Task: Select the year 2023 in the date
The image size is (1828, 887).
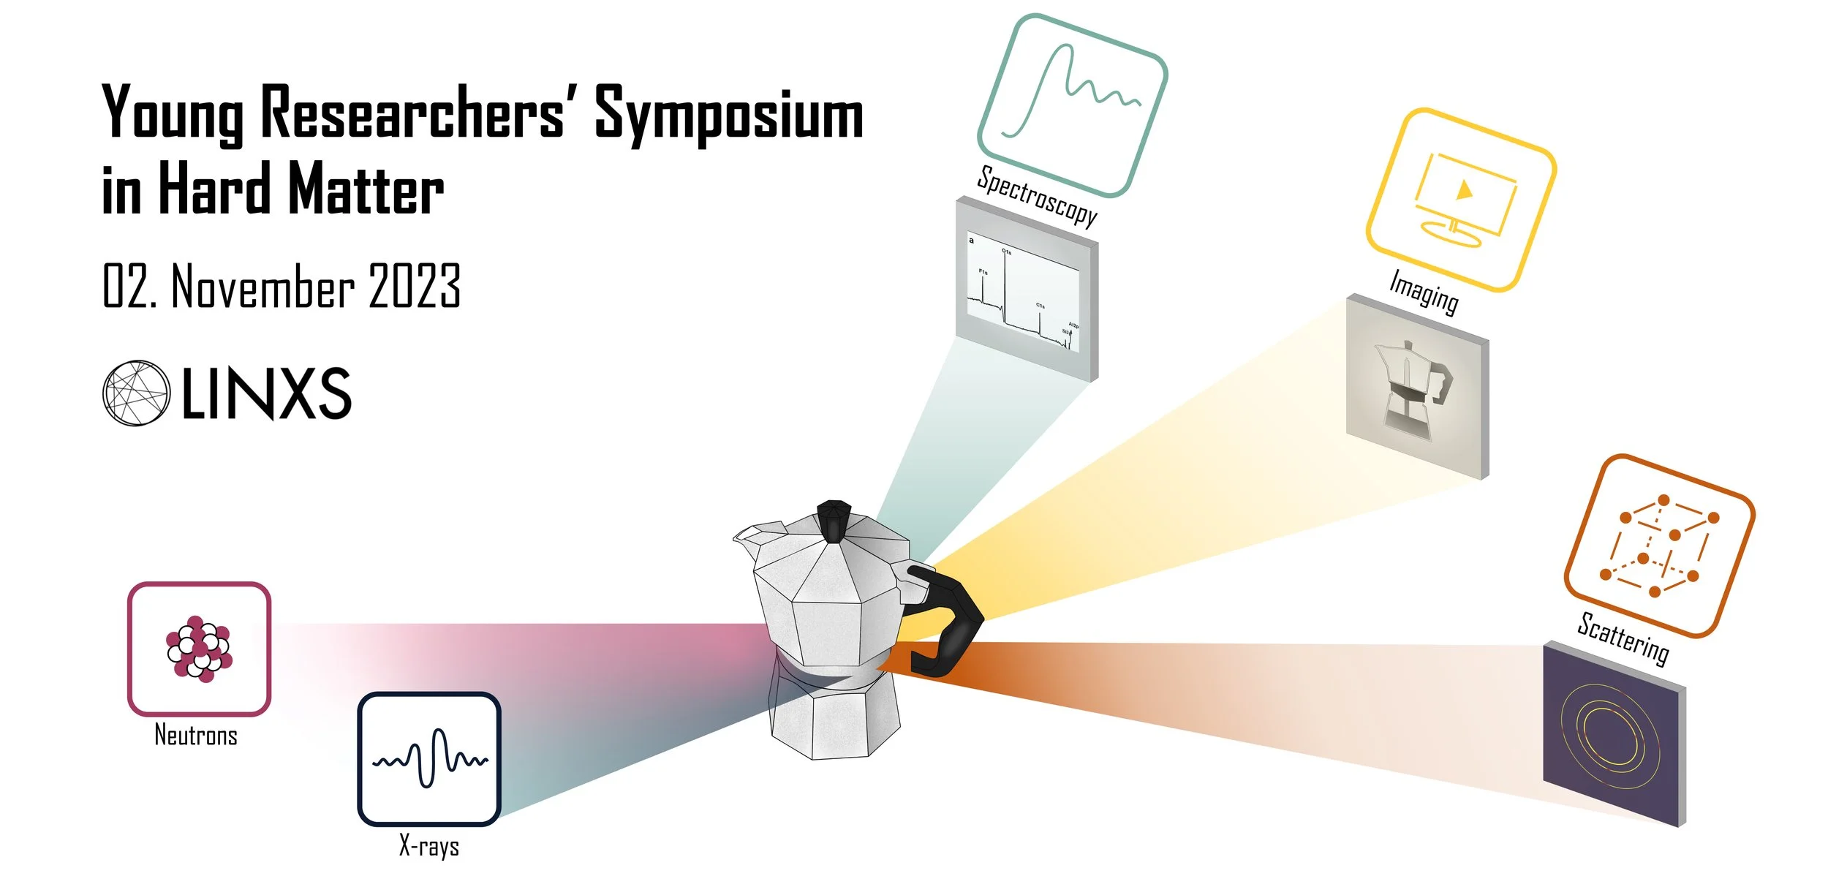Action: click(414, 286)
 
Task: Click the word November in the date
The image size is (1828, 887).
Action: click(263, 286)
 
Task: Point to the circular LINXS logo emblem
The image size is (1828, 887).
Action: click(136, 393)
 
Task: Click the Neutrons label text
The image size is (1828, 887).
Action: click(196, 735)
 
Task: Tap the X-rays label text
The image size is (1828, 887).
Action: click(429, 846)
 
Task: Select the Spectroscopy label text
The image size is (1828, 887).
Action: click(1037, 196)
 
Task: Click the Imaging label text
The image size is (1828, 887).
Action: click(1423, 292)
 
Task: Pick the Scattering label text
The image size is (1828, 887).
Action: click(1623, 638)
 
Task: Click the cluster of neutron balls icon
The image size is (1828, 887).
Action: click(199, 649)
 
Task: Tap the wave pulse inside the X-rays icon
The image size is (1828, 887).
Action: click(430, 758)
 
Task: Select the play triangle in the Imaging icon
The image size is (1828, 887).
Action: click(1464, 191)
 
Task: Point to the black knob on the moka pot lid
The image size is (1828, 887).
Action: click(834, 520)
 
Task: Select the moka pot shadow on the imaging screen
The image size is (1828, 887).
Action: click(1413, 388)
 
